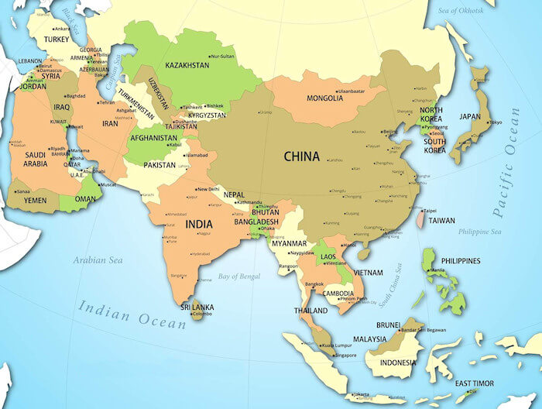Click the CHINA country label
pos(301,156)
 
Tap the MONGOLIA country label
pos(325,98)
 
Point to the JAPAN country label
pos(470,117)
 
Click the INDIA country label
pos(199,225)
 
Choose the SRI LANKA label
pos(197,308)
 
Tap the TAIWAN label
pos(441,220)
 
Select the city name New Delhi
pos(208,189)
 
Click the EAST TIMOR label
pos(473,383)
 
